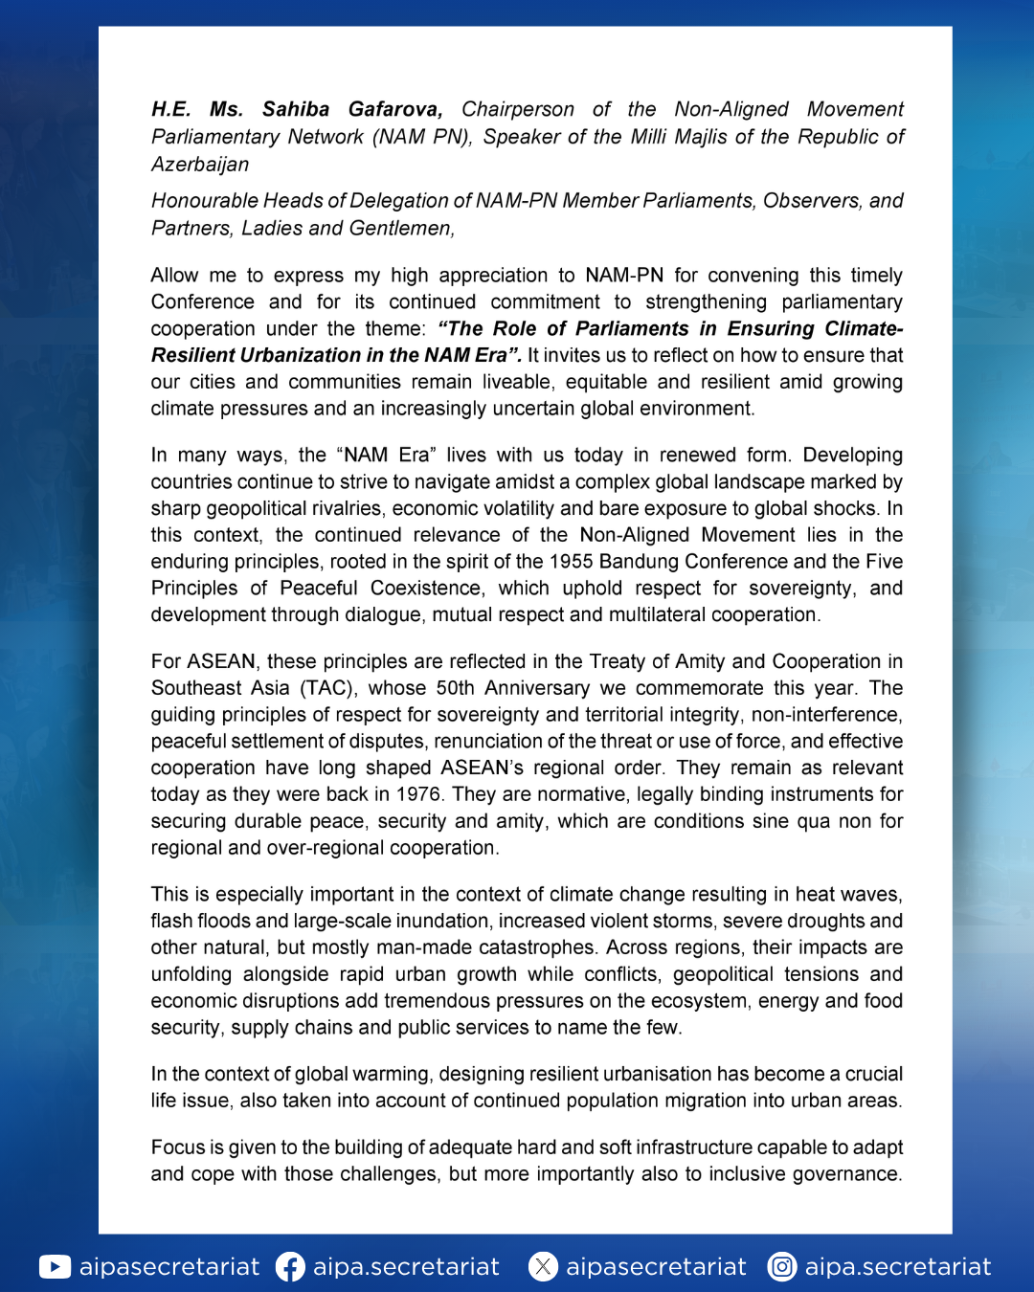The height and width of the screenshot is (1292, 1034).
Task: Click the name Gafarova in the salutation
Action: tap(394, 110)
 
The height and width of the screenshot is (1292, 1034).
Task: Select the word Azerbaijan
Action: tap(200, 165)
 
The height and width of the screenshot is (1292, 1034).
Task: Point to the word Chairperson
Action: tap(518, 110)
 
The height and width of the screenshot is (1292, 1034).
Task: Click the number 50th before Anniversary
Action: tap(455, 688)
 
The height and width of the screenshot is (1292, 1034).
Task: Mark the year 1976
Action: tap(418, 794)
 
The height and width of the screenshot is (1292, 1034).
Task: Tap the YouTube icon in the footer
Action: tap(55, 1267)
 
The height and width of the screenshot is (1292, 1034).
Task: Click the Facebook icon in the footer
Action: tap(290, 1267)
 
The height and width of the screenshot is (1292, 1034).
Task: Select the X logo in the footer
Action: tap(543, 1267)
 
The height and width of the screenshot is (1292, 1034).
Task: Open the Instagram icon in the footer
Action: tap(782, 1267)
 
